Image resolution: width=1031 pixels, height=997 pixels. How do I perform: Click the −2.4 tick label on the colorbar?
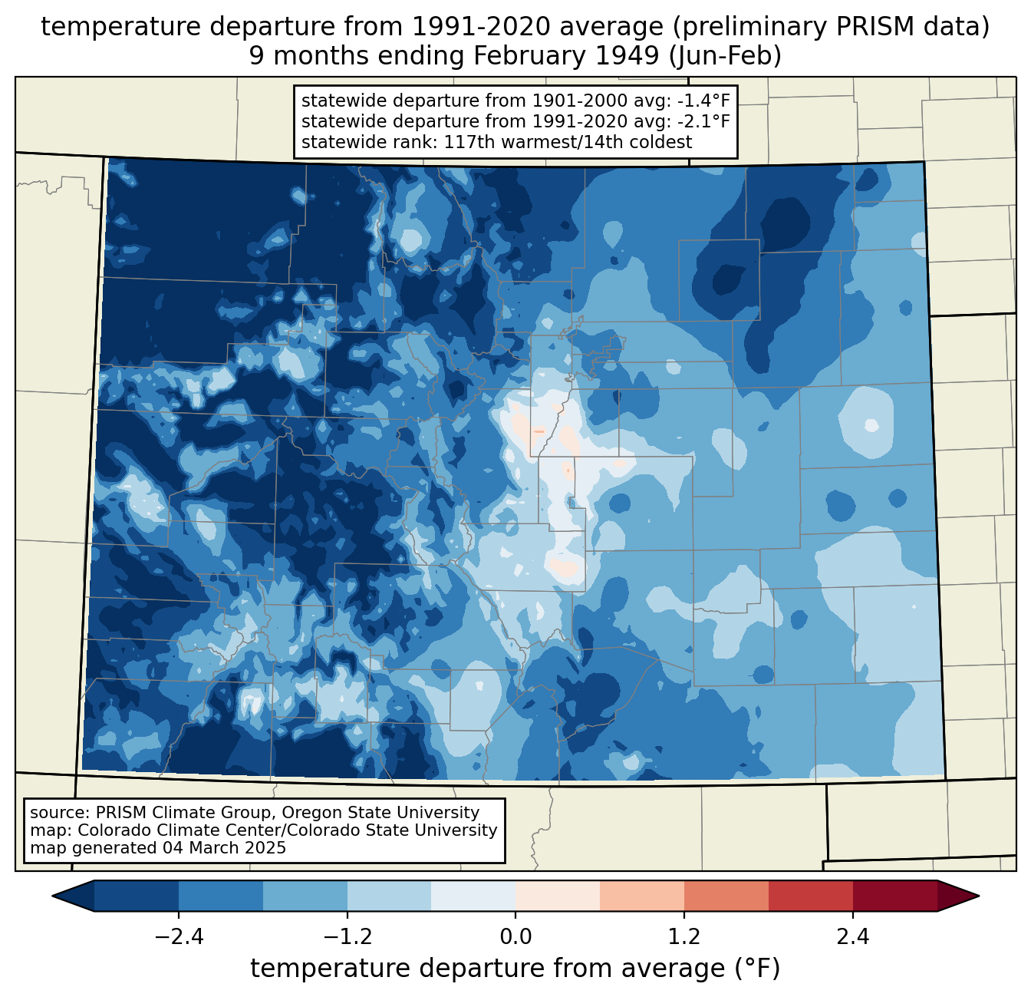click(179, 937)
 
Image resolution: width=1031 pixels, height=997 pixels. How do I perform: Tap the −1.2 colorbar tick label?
click(347, 937)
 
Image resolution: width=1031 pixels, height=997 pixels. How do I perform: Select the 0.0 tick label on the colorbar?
click(515, 937)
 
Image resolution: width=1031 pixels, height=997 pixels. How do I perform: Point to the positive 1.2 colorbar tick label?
click(684, 937)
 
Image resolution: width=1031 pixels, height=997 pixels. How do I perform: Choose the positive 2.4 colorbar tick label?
click(852, 937)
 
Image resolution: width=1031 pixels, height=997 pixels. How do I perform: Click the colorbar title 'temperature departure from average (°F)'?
click(515, 969)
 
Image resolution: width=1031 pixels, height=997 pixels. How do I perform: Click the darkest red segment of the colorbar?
click(894, 896)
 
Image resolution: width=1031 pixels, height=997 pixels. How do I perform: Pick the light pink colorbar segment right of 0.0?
click(558, 896)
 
